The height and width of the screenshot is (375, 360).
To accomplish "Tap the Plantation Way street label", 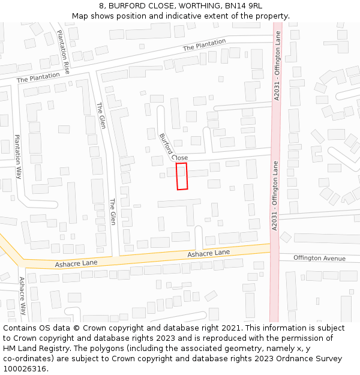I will tap(18, 157).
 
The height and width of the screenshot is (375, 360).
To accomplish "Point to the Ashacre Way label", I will tap(22, 296).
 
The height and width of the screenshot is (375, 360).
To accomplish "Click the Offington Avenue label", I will tap(319, 258).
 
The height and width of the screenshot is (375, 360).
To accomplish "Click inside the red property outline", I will tap(182, 176).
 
